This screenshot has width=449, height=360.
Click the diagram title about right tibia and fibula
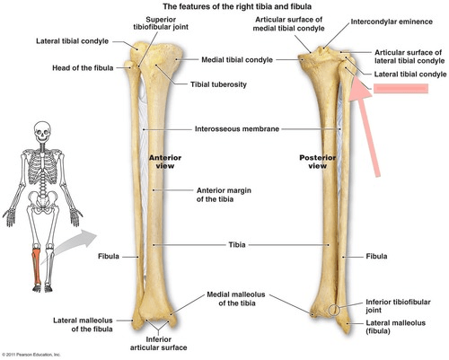[x=237, y=6]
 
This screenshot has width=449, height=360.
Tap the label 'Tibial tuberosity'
[x=218, y=84]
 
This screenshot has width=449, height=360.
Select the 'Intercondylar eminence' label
[x=392, y=22]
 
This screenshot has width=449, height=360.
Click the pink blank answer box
[x=401, y=89]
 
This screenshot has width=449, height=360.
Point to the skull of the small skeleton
[x=42, y=132]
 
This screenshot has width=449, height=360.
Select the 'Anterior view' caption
[x=165, y=162]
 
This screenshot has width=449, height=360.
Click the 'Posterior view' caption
[x=318, y=162]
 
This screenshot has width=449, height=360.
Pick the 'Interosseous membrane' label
[x=237, y=129]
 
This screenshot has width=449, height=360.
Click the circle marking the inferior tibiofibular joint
[x=334, y=311]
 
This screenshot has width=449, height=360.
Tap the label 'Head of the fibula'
[x=83, y=68]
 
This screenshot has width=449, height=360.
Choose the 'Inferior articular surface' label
[x=159, y=344]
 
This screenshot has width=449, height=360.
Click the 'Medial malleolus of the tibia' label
[x=236, y=299]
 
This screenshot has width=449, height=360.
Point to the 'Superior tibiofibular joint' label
[x=161, y=23]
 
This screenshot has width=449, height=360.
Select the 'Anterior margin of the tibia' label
[x=224, y=195]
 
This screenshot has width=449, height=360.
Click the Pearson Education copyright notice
[x=31, y=355]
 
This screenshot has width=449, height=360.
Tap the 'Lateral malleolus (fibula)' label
[x=396, y=327]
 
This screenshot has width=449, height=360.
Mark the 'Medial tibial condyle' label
[x=237, y=60]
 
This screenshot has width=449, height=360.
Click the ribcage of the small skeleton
[x=43, y=167]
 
